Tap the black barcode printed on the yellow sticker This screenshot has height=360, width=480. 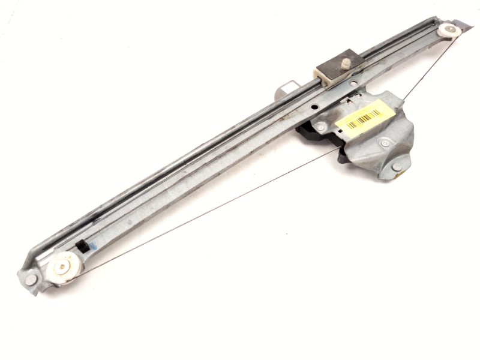pyautogui.click(x=364, y=118)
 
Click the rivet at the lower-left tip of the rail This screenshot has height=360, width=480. pyautogui.click(x=31, y=280)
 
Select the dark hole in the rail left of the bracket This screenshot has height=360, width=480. pyautogui.click(x=312, y=107)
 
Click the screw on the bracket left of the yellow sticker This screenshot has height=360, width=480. pyautogui.click(x=321, y=127)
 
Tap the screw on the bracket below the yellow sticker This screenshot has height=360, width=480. pyautogui.click(x=385, y=143)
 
